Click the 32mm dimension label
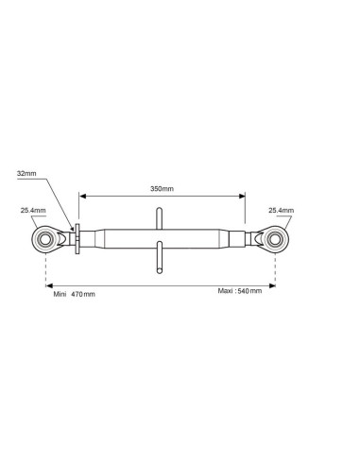[26, 173]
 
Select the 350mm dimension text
[162, 189]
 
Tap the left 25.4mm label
[33, 210]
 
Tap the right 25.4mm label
[281, 210]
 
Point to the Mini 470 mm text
[74, 294]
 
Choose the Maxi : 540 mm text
[240, 291]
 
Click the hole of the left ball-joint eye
[46, 239]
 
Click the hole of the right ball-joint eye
[275, 239]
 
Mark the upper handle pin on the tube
[160, 218]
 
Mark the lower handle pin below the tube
[160, 257]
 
